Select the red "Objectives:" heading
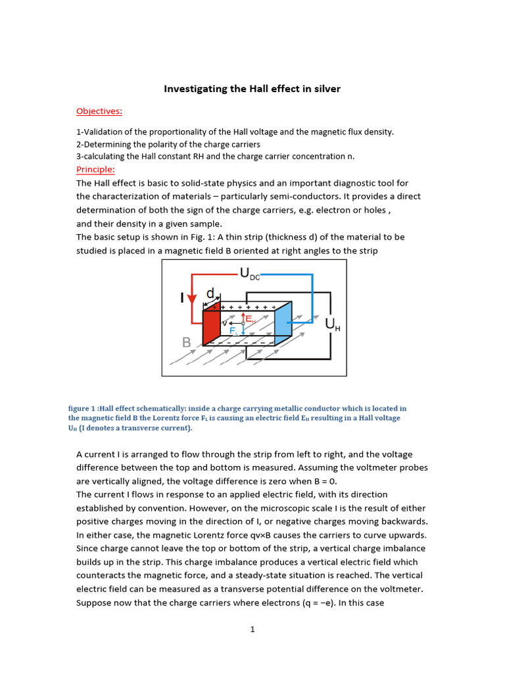tap(99, 111)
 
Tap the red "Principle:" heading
tap(95, 169)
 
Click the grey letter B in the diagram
tap(187, 342)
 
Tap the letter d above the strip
tap(210, 293)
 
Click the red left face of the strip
tap(210, 328)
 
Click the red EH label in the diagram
tap(251, 319)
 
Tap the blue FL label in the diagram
tap(234, 331)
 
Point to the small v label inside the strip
tap(225, 323)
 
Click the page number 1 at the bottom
tap(252, 629)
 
